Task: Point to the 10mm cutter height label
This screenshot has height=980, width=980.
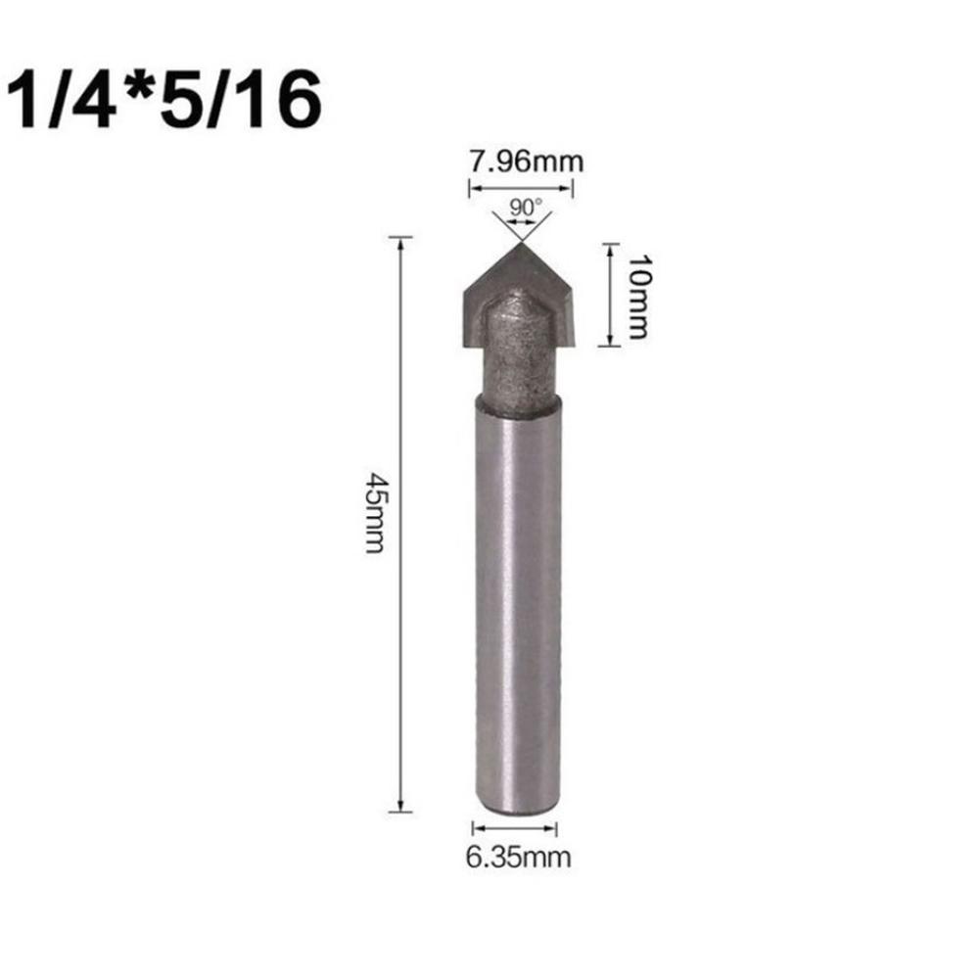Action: [x=637, y=295]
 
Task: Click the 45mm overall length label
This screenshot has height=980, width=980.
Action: [x=375, y=511]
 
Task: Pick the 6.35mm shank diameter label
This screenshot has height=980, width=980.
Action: [x=517, y=858]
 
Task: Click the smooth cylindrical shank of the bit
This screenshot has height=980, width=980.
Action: [x=517, y=607]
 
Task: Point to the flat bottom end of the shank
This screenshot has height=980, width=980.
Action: [x=517, y=810]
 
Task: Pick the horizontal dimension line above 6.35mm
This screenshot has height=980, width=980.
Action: [x=515, y=828]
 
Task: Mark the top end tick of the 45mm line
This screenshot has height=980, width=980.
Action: [x=400, y=238]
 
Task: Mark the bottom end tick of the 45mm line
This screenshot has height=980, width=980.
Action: [x=400, y=810]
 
